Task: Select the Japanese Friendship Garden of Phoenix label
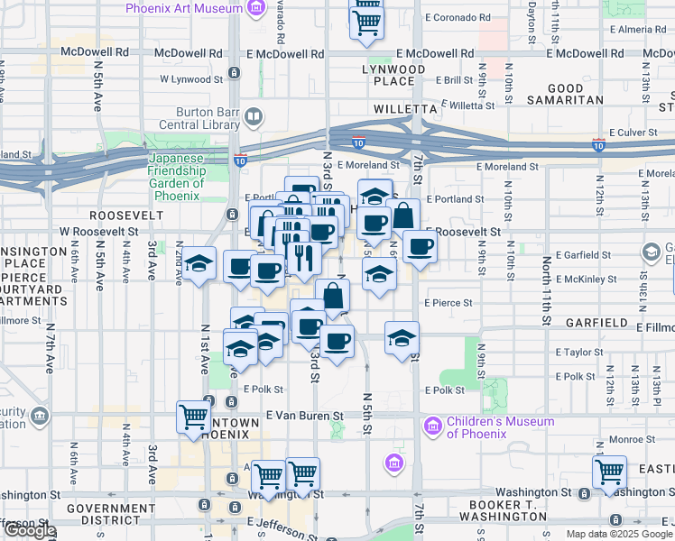(x=177, y=170)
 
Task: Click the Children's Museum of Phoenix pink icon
(x=432, y=424)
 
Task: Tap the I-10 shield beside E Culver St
(x=598, y=144)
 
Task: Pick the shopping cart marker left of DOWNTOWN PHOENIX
(x=193, y=416)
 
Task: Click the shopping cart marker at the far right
(x=610, y=470)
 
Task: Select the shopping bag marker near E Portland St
(x=404, y=215)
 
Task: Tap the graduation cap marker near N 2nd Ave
(x=200, y=262)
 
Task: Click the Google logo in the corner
(x=29, y=531)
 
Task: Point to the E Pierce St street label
(x=448, y=303)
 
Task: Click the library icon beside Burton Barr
(x=254, y=117)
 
